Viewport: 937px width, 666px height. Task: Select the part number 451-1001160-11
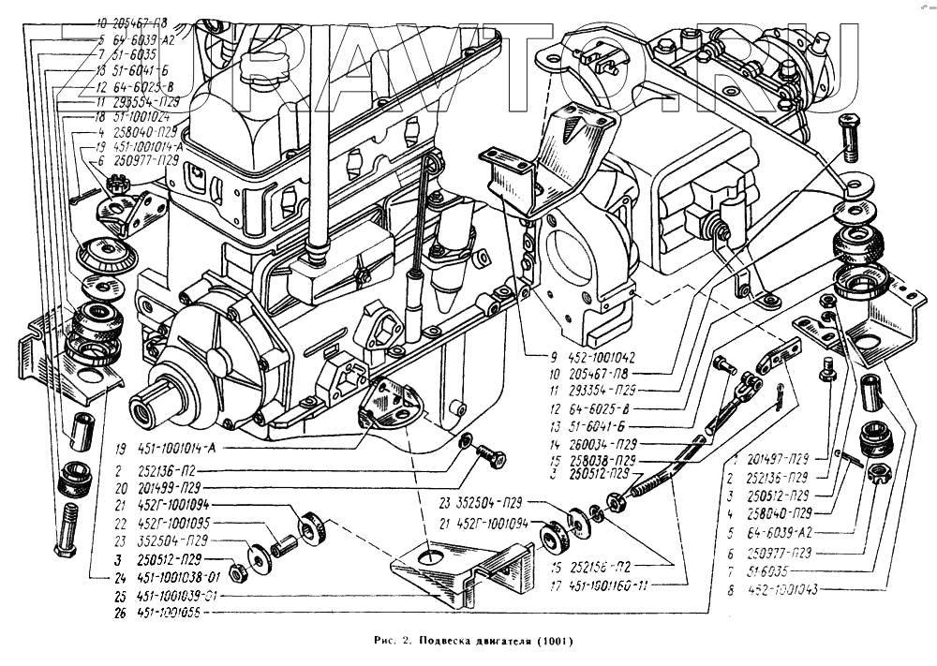[610, 587]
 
